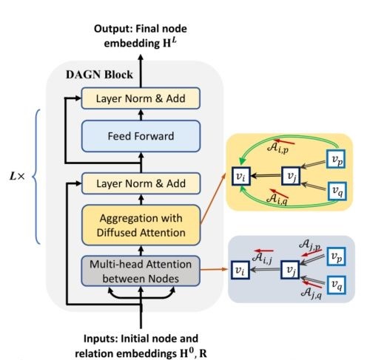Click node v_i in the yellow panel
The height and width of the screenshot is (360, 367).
pyautogui.click(x=240, y=176)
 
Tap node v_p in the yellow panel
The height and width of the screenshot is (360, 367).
pyautogui.click(x=337, y=158)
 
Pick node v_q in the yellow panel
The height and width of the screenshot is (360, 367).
pyautogui.click(x=337, y=191)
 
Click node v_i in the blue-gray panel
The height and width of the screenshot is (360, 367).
pyautogui.click(x=240, y=271)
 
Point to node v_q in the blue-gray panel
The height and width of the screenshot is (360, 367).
pyautogui.click(x=337, y=285)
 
